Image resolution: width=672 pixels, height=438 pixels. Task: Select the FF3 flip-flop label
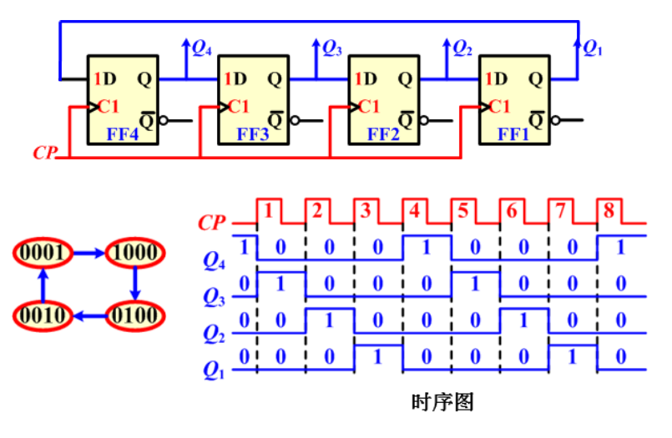coord(252,133)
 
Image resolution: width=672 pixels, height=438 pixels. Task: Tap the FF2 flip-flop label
coord(383,133)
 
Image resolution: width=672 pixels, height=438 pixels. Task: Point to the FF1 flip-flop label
coord(513,133)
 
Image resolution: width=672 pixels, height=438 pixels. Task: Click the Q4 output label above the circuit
coord(202,48)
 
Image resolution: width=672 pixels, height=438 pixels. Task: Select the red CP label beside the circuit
coord(44,153)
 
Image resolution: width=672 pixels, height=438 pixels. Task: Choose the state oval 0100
coord(134,315)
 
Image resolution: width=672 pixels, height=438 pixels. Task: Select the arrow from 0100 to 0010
coord(88,315)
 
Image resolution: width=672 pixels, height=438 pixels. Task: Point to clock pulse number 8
coord(608,211)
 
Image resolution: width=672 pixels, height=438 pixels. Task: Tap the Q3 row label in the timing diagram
coord(215,294)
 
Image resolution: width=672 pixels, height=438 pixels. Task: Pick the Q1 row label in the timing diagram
coord(215,368)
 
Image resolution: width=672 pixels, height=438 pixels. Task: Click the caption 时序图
coord(442,403)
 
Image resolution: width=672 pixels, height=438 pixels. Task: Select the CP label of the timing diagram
coord(213,223)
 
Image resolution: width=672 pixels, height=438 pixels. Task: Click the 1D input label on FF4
coord(105,79)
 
